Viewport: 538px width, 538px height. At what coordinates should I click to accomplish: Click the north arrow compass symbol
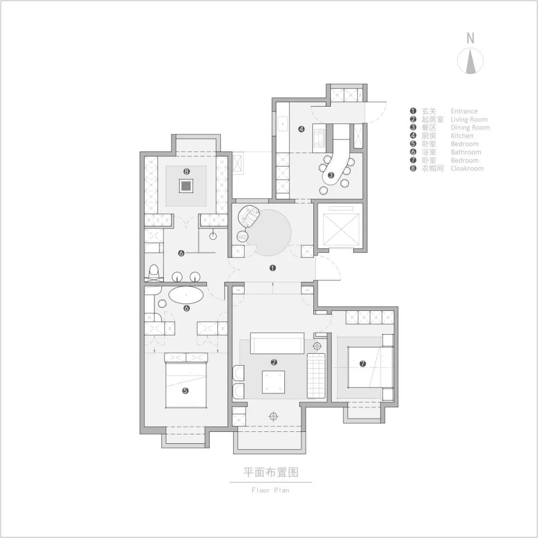click(470, 61)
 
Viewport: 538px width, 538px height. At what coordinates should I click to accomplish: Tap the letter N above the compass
click(470, 38)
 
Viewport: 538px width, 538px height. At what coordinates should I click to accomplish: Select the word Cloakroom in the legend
click(467, 168)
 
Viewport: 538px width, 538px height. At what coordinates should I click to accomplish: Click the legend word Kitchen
click(462, 135)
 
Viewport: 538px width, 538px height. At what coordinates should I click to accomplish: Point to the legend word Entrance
click(464, 111)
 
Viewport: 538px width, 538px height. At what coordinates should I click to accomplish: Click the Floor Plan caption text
click(270, 490)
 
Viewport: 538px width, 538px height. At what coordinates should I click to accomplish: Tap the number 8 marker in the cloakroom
click(186, 171)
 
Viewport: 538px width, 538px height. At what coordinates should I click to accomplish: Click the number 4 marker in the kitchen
click(301, 129)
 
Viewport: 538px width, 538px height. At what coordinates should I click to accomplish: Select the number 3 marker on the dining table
click(330, 175)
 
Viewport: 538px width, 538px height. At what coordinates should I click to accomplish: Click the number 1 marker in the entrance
click(272, 268)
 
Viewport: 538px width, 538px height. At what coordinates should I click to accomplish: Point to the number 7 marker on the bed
click(363, 364)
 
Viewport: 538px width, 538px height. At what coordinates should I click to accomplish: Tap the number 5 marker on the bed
click(185, 391)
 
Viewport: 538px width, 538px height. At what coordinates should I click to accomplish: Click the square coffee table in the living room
click(273, 382)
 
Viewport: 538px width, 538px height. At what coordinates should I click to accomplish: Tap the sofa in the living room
click(277, 343)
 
